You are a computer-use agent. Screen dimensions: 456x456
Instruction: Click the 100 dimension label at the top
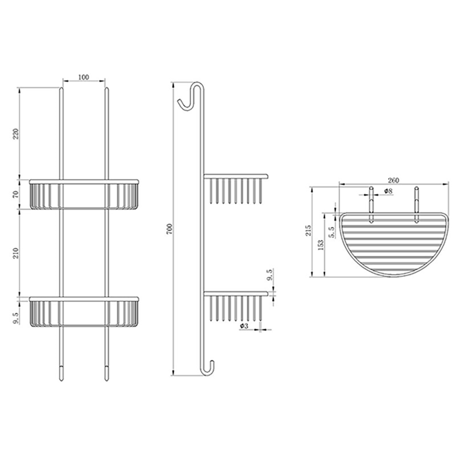click(x=83, y=77)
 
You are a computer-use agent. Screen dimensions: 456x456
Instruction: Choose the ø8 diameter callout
click(x=388, y=192)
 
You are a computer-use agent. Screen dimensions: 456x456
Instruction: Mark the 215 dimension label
click(x=309, y=232)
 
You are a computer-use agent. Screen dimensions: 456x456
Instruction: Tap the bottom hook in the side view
click(x=209, y=368)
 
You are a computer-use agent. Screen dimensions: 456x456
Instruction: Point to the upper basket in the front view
click(x=84, y=195)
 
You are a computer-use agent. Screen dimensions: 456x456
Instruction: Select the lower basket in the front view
click(x=84, y=312)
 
